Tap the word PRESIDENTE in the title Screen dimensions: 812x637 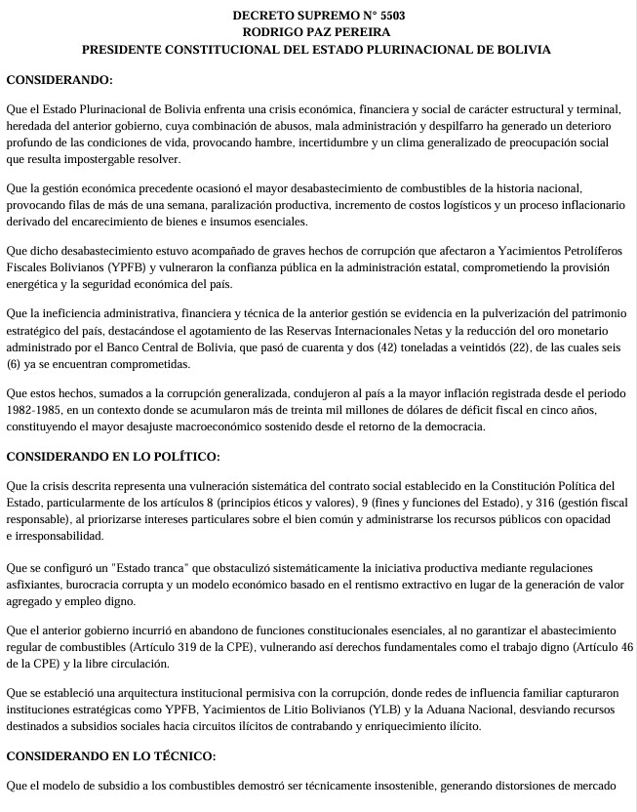point(124,49)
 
